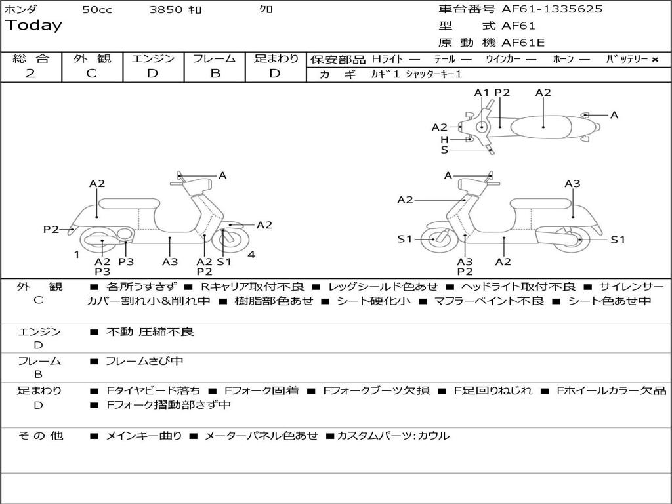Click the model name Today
click(x=33, y=26)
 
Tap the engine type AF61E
click(x=523, y=43)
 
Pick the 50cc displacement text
click(x=97, y=10)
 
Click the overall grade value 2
click(x=30, y=73)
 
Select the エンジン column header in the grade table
click(x=153, y=58)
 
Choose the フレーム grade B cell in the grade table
click(x=215, y=73)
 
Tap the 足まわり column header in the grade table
click(x=276, y=58)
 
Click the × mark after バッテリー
click(x=654, y=60)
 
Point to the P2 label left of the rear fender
click(x=51, y=229)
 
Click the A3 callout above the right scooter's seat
click(x=572, y=184)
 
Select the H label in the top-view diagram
click(x=444, y=140)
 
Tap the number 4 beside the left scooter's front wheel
click(x=251, y=255)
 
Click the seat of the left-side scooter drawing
click(x=129, y=203)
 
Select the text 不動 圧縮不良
click(x=150, y=332)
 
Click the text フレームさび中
click(x=145, y=361)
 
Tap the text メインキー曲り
click(x=144, y=436)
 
